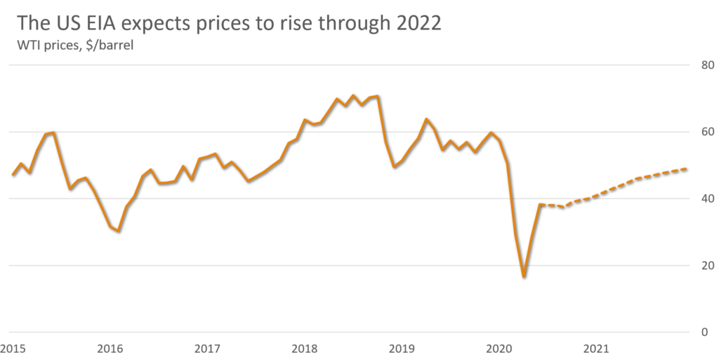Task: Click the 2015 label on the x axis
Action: [12, 347]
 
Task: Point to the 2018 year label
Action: [304, 347]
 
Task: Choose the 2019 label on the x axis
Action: [402, 347]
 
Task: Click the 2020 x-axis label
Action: [499, 347]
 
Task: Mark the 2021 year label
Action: [596, 347]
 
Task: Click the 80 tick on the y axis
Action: [708, 66]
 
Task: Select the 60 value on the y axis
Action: [708, 133]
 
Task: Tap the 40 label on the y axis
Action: [708, 199]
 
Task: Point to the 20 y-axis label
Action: [708, 266]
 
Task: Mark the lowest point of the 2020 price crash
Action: [523, 277]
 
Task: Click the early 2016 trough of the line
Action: [118, 231]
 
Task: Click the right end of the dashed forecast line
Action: [685, 168]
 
